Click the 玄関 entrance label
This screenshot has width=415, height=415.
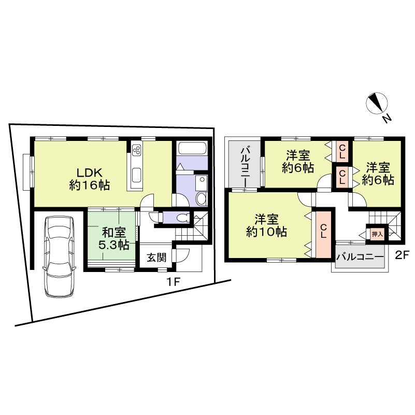pyautogui.click(x=155, y=257)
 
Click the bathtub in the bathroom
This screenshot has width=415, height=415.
pyautogui.click(x=192, y=149)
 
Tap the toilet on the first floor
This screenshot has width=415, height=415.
pyautogui.click(x=182, y=218)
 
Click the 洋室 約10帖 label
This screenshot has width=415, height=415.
pyautogui.click(x=266, y=225)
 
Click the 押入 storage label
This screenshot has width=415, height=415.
pyautogui.click(x=377, y=234)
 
